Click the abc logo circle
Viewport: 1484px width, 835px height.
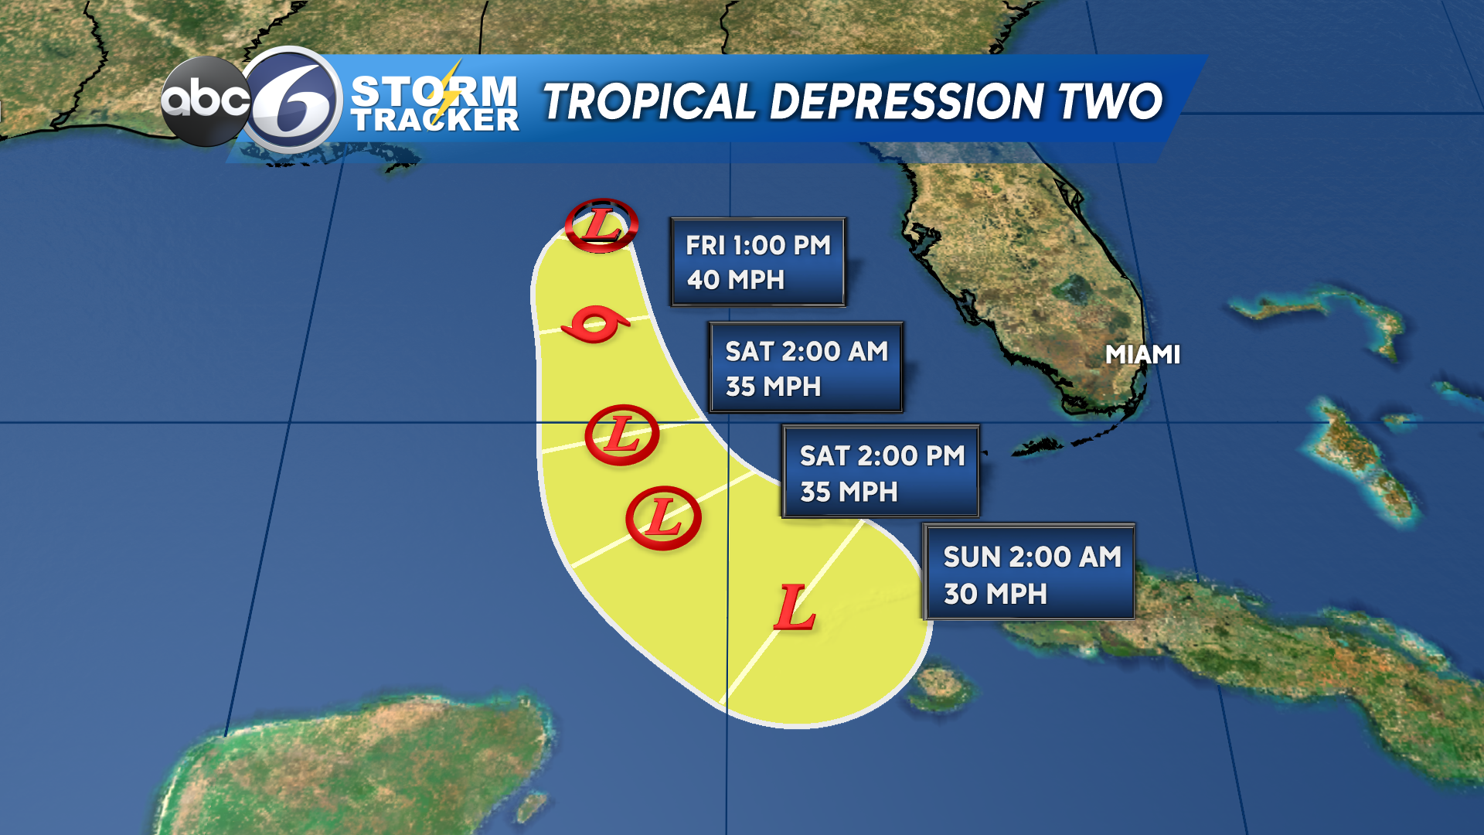205,101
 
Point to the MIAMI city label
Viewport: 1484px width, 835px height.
1142,355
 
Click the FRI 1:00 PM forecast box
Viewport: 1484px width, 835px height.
758,262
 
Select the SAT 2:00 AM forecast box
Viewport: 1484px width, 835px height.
805,368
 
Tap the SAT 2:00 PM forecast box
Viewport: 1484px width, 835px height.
880,472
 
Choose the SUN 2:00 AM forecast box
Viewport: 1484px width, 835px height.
1029,572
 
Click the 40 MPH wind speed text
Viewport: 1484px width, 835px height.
736,280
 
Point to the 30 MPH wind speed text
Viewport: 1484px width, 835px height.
996,594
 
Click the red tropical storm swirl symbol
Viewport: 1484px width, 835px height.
595,325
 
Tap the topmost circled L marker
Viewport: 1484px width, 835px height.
601,225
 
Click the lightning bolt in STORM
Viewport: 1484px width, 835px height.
448,91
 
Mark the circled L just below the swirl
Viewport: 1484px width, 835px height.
621,435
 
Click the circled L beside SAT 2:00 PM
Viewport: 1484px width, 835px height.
663,518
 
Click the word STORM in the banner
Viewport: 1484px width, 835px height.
434,91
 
